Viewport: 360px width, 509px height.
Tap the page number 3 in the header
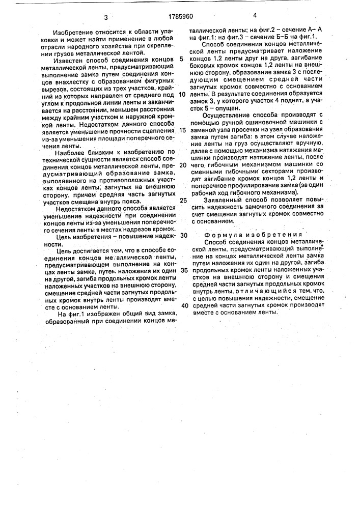[105, 17]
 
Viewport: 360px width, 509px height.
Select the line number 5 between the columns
[182, 59]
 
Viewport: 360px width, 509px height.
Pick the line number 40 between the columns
[184, 305]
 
